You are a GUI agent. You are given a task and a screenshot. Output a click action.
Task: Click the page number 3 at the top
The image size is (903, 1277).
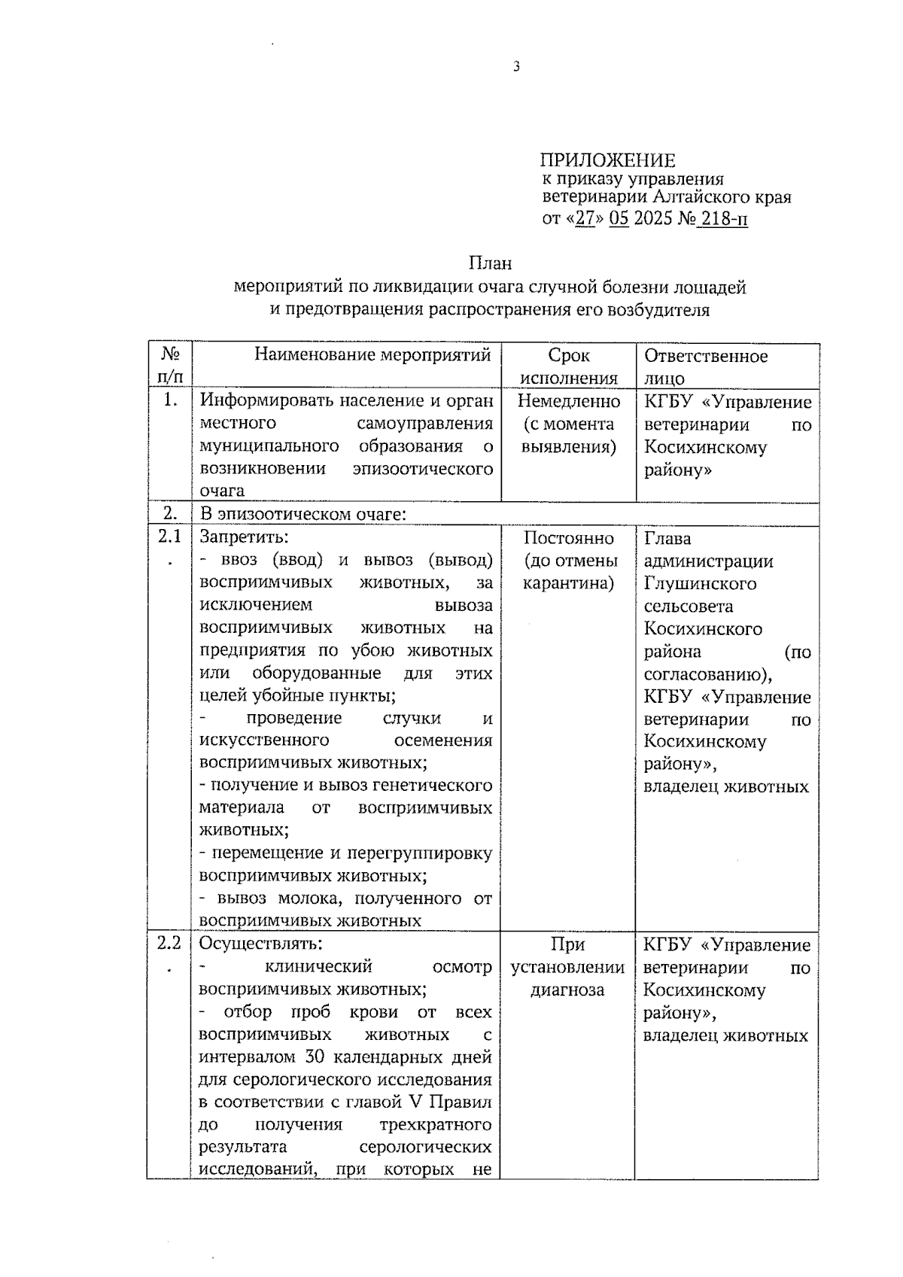tap(516, 67)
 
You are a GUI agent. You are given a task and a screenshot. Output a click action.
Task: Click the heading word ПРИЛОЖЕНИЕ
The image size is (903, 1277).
tap(607, 160)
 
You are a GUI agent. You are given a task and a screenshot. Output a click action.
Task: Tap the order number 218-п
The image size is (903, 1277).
tap(723, 219)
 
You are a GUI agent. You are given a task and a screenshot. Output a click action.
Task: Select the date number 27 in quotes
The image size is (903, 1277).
tap(585, 219)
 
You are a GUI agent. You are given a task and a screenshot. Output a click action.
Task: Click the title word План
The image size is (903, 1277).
tap(490, 263)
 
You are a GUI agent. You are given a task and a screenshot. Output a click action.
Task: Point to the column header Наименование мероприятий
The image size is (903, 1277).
tap(372, 355)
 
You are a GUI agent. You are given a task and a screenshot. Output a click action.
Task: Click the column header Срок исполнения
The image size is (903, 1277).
tap(569, 366)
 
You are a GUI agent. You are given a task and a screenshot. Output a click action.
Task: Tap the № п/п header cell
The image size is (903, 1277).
tap(171, 366)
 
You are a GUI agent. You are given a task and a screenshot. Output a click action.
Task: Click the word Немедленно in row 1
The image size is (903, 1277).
tap(569, 401)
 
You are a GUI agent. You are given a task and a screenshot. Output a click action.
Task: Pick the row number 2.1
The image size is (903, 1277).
tap(170, 537)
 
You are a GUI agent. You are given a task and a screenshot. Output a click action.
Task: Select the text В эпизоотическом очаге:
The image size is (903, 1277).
tap(303, 515)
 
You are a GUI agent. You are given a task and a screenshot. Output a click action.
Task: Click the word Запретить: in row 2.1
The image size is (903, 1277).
tap(244, 537)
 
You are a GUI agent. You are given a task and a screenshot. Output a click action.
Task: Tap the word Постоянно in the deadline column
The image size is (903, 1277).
tap(569, 538)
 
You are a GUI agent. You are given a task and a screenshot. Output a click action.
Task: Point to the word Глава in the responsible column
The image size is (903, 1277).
tap(667, 538)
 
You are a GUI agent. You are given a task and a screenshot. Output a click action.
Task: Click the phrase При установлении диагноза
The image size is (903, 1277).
tap(568, 967)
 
